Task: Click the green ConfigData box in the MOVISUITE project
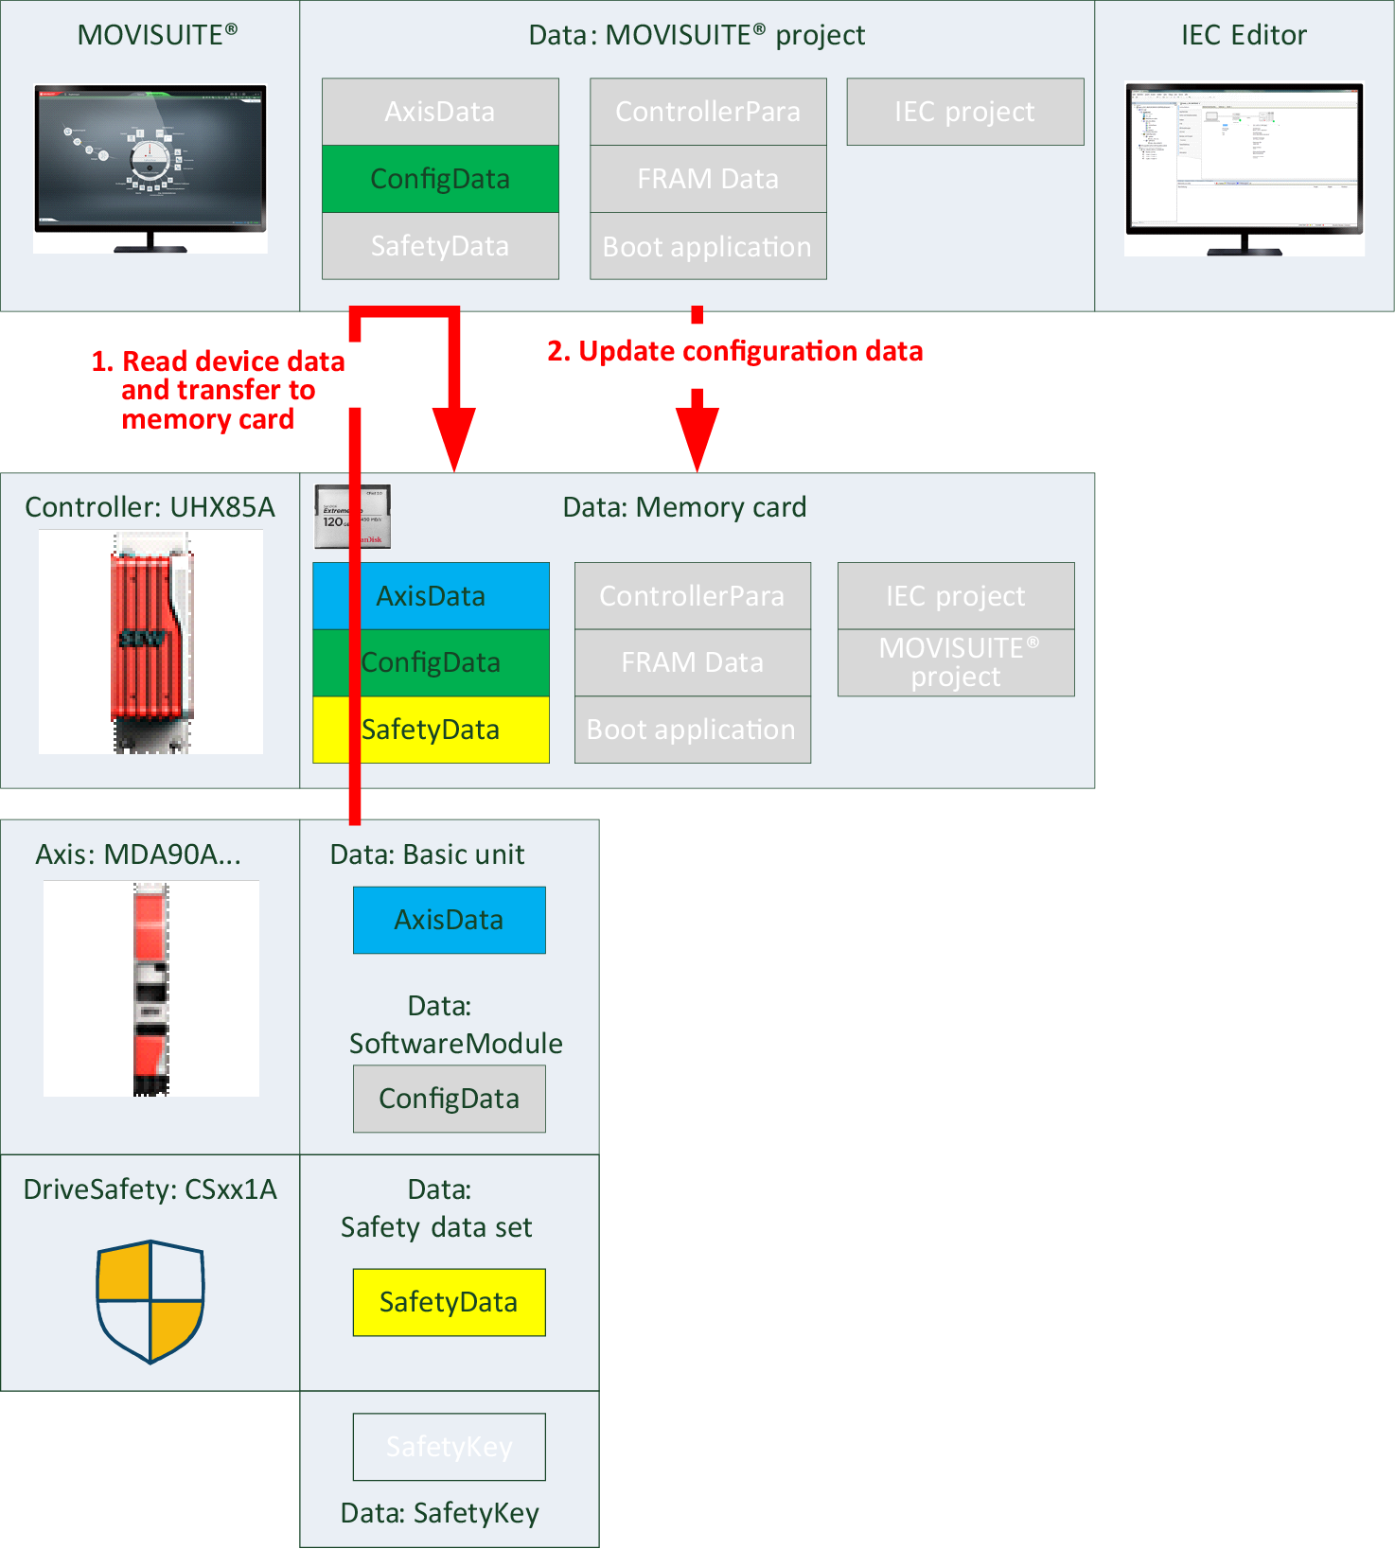tap(440, 179)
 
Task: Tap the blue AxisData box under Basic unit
tap(449, 920)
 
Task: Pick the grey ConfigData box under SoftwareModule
tap(449, 1099)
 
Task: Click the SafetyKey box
tap(449, 1447)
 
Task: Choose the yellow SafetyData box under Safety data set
tap(449, 1302)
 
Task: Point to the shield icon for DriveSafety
tap(150, 1301)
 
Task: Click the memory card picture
tap(352, 517)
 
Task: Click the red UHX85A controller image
tap(150, 641)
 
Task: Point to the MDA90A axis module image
tap(150, 989)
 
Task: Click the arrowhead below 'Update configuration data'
tap(697, 435)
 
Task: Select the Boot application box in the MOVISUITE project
tap(708, 246)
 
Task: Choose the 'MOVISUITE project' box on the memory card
tap(956, 662)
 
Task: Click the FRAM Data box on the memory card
tap(692, 662)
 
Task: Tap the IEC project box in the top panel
tap(964, 112)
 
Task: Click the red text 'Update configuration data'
tap(734, 351)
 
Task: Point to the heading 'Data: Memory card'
tap(684, 507)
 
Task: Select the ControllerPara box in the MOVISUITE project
tap(708, 112)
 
